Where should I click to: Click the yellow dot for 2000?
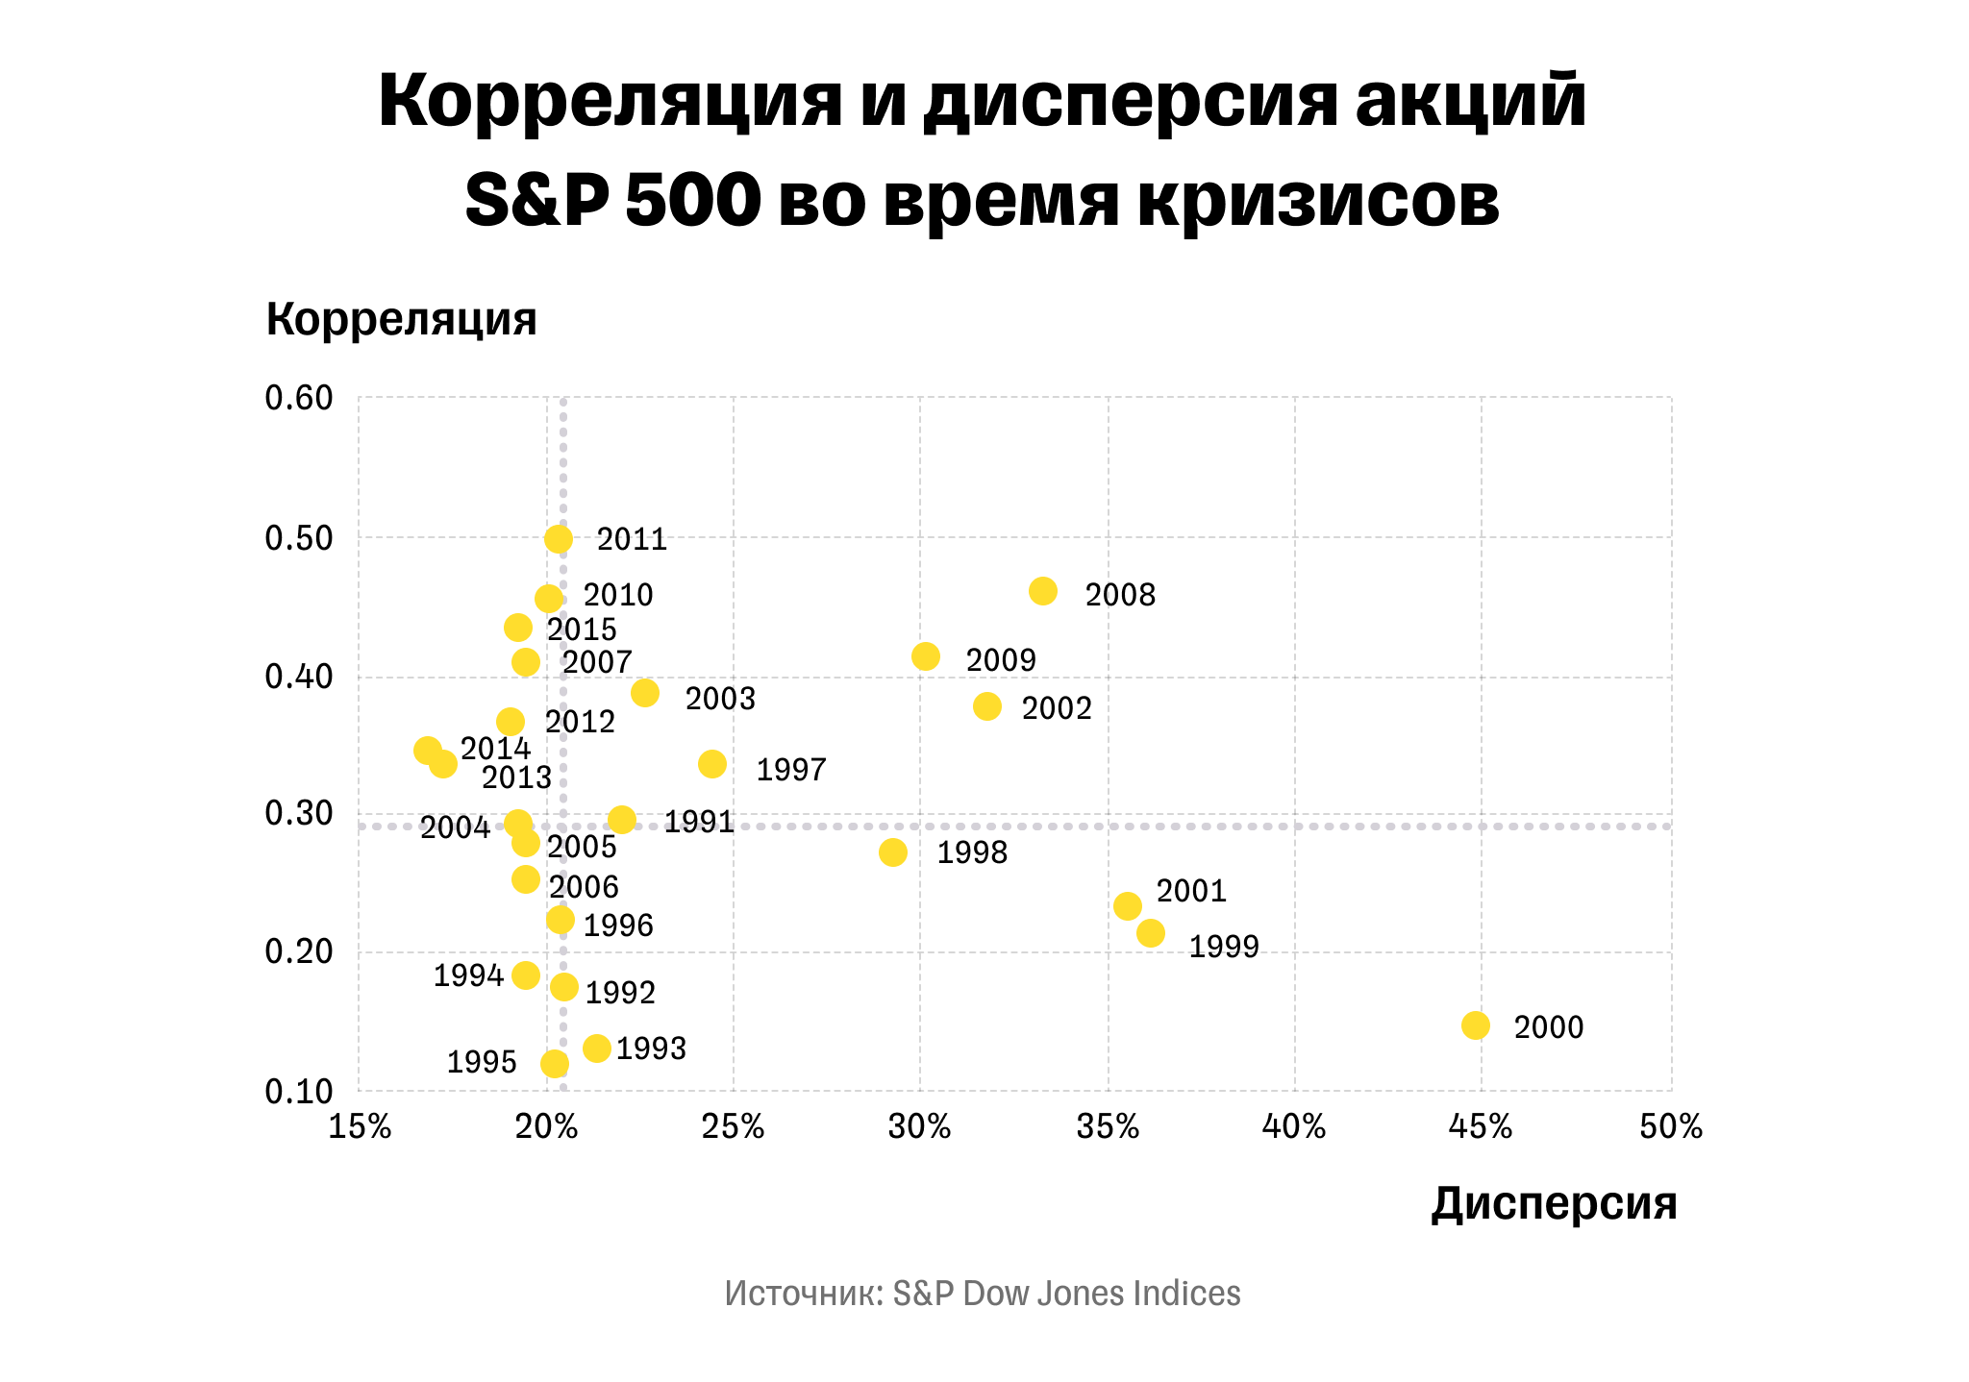pos(1475,1025)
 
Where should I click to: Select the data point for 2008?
pos(1043,591)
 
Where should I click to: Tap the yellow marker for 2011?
pos(559,539)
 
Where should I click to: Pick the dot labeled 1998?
pos(893,852)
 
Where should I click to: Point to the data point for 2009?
pos(926,656)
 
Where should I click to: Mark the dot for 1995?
pos(555,1064)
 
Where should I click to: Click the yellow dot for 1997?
pos(712,764)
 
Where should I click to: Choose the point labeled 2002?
pos(987,706)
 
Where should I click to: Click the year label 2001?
pos(1191,892)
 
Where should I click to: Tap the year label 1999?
pos(1224,948)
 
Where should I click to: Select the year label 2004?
pos(455,827)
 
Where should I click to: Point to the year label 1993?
pos(651,1049)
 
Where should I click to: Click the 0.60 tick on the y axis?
pos(299,398)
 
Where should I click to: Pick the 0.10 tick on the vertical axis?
pos(299,1092)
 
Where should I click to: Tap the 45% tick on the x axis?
pos(1481,1127)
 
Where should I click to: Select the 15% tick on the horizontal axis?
pos(360,1127)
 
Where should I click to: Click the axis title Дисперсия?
pos(1554,1203)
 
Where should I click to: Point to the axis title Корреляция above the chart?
pos(401,318)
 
